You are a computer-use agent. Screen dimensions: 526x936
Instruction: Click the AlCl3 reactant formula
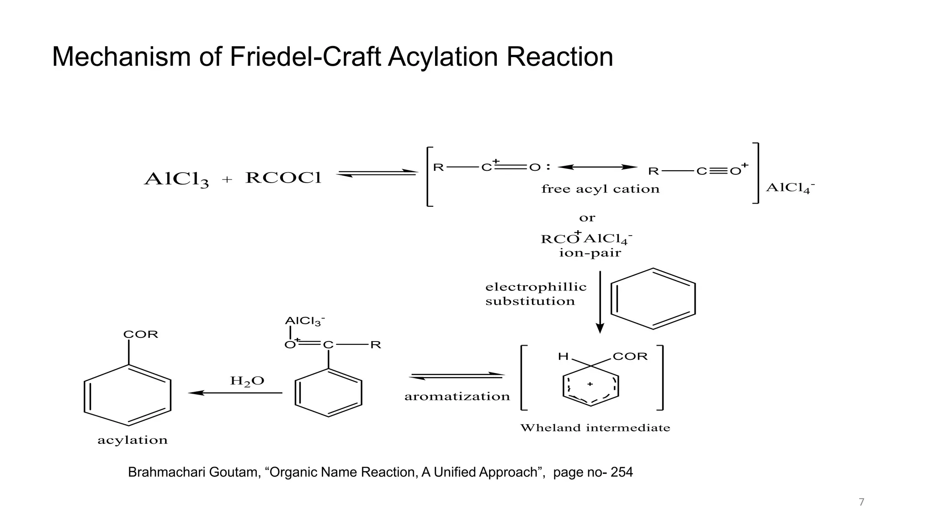tap(176, 179)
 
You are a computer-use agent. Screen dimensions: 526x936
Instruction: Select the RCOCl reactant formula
tap(283, 178)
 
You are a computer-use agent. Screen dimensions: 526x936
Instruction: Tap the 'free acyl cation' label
tap(600, 189)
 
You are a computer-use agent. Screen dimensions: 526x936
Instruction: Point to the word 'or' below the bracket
tap(587, 218)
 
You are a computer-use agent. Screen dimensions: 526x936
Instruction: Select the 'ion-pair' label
tap(590, 253)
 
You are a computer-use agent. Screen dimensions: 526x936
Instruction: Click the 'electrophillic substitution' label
tap(536, 294)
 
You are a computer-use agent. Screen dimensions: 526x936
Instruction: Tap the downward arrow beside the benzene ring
tap(600, 302)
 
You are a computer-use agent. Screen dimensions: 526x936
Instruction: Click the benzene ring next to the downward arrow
tap(653, 299)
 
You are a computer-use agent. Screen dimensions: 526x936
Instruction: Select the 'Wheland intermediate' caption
tap(595, 428)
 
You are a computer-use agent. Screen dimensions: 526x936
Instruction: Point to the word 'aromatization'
tap(457, 396)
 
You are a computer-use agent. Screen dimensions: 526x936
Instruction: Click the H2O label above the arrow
tap(247, 381)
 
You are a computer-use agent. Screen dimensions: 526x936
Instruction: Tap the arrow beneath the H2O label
tap(235, 393)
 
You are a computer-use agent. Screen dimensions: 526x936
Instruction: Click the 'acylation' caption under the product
tap(133, 440)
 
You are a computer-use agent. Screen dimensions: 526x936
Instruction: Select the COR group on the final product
tap(141, 334)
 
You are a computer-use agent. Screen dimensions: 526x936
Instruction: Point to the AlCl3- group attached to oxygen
tap(304, 321)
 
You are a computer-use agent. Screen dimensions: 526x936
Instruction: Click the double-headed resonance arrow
tap(597, 167)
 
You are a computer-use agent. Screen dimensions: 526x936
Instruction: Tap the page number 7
tap(862, 502)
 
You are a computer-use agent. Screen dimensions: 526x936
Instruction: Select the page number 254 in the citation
tap(622, 472)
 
